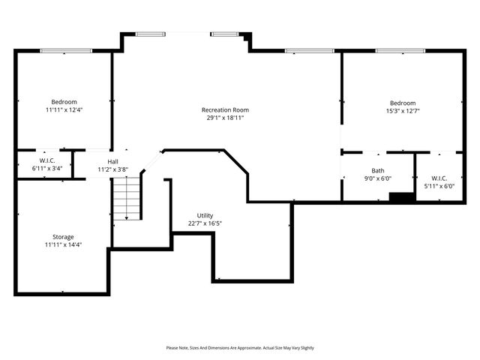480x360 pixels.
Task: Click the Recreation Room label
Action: point(225,109)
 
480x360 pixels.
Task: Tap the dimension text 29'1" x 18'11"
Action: point(225,118)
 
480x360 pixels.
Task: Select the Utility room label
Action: point(205,215)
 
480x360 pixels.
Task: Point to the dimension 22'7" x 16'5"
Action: point(205,223)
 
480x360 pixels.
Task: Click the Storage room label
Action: point(63,237)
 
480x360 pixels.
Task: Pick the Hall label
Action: point(112,161)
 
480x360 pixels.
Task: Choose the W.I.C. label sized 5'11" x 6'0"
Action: point(439,178)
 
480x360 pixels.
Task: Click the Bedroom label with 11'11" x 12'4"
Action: point(64,102)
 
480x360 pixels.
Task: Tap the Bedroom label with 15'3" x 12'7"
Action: point(402,103)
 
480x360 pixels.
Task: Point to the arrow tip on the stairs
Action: point(127,218)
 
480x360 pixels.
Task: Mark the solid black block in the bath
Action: point(402,197)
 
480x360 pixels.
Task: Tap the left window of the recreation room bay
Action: point(151,34)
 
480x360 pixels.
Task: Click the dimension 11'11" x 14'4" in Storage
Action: point(63,245)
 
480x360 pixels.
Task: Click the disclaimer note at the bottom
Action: point(240,348)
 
